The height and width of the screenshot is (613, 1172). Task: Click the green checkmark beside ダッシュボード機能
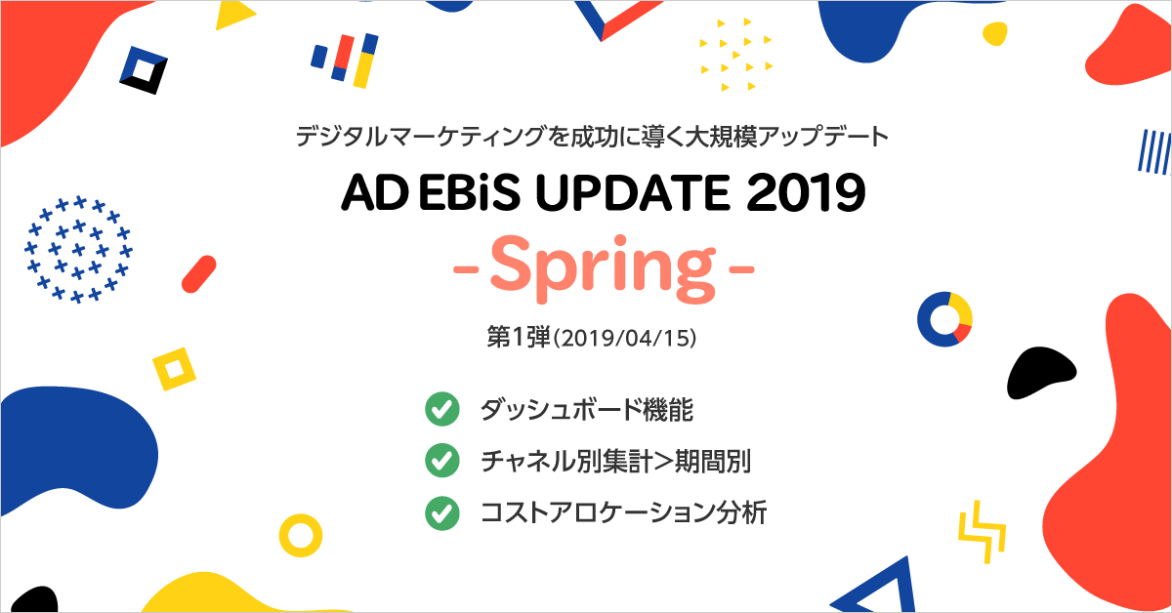click(442, 410)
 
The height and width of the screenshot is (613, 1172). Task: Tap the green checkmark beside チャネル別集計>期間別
click(442, 461)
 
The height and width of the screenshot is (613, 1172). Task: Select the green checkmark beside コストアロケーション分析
click(442, 511)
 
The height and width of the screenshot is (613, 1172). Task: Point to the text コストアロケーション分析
click(622, 511)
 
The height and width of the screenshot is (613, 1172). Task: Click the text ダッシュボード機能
click(586, 410)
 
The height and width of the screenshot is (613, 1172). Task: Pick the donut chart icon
click(944, 318)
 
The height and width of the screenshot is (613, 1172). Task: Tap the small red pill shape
click(198, 274)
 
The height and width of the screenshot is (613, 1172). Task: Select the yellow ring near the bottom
click(301, 535)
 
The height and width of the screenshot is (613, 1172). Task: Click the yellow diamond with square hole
click(174, 369)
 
